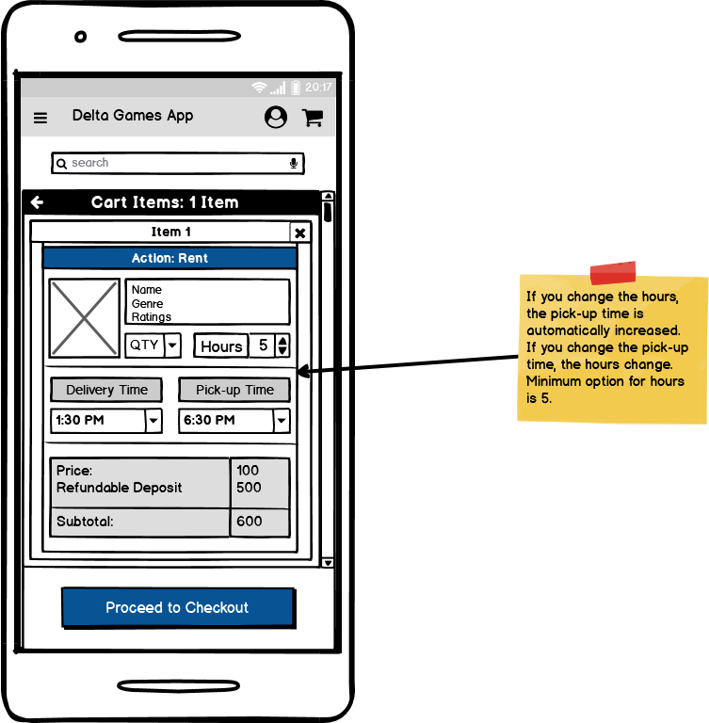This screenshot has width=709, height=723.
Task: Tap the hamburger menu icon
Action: tap(40, 118)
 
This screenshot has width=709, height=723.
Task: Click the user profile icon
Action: tap(276, 117)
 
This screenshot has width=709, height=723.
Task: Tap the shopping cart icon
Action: tap(312, 117)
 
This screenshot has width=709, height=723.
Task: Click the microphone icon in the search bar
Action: tap(294, 163)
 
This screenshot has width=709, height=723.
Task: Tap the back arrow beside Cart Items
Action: tap(37, 202)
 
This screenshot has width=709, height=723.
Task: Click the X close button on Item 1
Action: tap(299, 233)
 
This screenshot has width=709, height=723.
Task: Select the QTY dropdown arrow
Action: tap(172, 345)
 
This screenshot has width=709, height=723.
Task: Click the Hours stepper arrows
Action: tap(282, 345)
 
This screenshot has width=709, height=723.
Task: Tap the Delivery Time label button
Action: tap(106, 390)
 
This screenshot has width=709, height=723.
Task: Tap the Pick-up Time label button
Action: tap(234, 390)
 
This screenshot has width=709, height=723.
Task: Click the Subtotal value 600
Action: tap(250, 522)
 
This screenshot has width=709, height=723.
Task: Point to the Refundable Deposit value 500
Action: tap(250, 488)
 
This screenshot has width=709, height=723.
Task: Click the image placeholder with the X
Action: tap(85, 318)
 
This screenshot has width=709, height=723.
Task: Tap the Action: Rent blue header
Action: tap(170, 258)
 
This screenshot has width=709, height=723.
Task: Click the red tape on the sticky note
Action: tap(613, 273)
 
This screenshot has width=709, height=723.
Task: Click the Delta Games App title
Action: tap(133, 116)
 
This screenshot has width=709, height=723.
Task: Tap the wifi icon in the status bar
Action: tap(259, 88)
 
